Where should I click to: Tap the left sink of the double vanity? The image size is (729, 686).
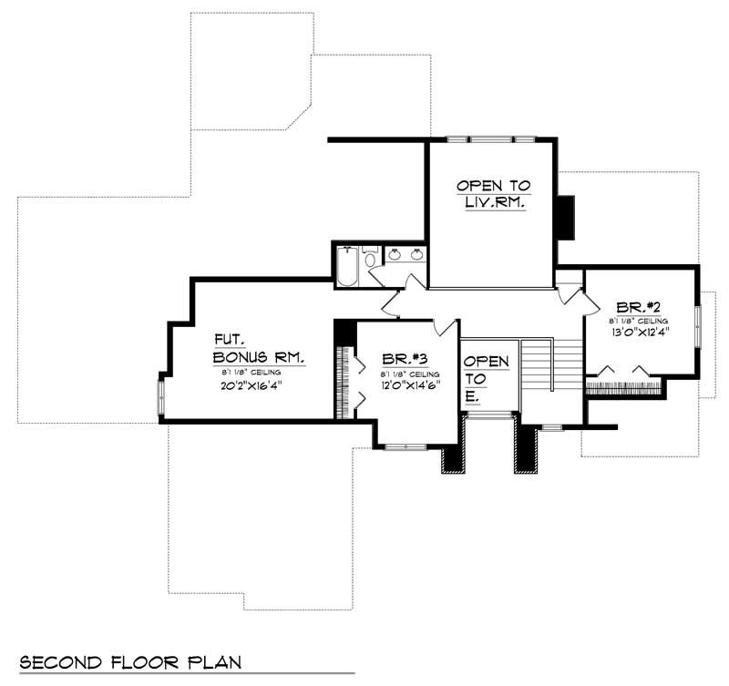[x=395, y=255]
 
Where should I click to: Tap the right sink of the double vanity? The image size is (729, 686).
[x=416, y=255]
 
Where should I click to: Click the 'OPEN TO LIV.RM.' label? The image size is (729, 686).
[x=491, y=195]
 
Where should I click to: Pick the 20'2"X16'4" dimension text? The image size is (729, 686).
[x=250, y=384]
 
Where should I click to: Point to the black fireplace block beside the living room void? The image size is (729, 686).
[x=567, y=217]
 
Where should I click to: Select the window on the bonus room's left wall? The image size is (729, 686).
[x=160, y=396]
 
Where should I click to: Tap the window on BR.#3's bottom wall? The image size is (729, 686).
[x=406, y=445]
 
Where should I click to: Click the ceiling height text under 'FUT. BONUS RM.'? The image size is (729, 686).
[x=250, y=372]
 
